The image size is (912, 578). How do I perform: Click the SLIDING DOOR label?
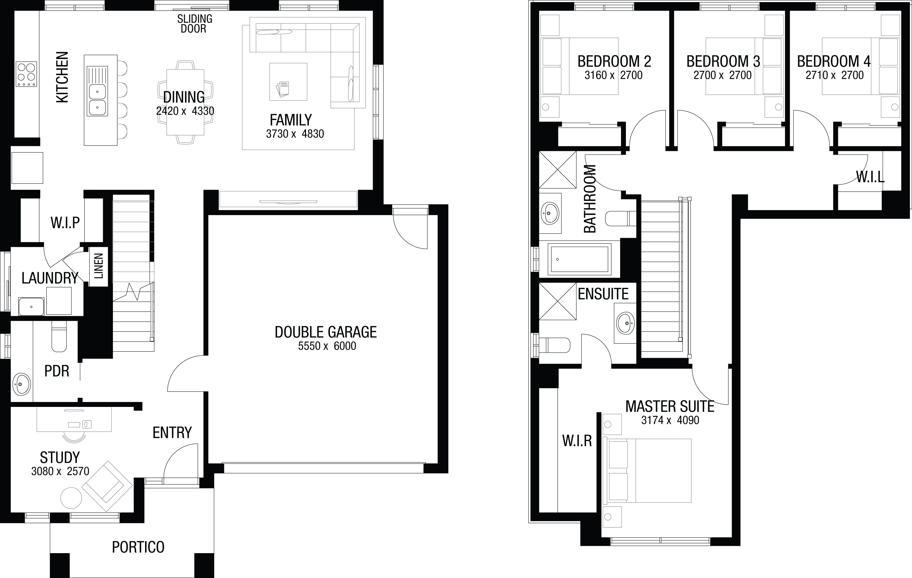[x=195, y=23]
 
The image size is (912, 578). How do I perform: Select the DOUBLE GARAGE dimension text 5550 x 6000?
[x=327, y=346]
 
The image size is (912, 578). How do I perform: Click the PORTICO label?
[x=138, y=547]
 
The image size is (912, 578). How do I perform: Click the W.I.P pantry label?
[x=65, y=223]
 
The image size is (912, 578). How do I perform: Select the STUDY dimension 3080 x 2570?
[x=60, y=471]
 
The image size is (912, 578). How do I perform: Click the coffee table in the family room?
[x=288, y=82]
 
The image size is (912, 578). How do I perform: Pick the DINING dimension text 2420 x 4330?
[x=185, y=111]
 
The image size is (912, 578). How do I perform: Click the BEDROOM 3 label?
[x=723, y=61]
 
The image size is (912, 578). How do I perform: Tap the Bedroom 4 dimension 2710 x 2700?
[x=835, y=75]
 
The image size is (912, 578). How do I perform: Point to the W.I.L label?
[x=870, y=177]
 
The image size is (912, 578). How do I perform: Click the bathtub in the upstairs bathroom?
[x=579, y=259]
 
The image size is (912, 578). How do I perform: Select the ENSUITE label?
[x=603, y=294]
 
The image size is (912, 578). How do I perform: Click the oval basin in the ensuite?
[x=626, y=323]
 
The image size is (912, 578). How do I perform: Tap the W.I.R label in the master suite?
[x=577, y=441]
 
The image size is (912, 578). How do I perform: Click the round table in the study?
[x=71, y=498]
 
